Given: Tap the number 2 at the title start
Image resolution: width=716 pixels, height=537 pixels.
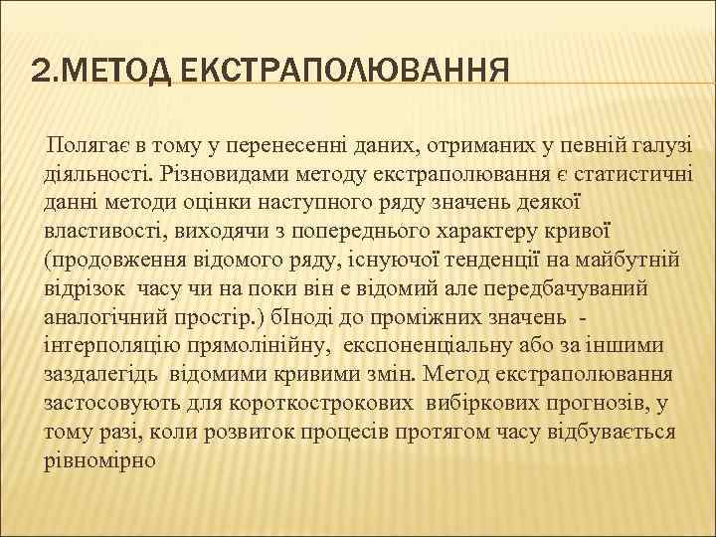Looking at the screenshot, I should [39, 73].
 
